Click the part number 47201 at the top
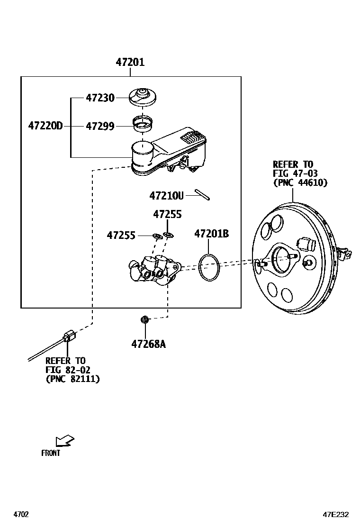click(x=130, y=62)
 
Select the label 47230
click(x=100, y=98)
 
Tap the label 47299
click(x=100, y=126)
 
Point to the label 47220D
click(x=45, y=126)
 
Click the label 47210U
click(x=166, y=195)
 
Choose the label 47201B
click(x=211, y=234)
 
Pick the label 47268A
click(x=148, y=344)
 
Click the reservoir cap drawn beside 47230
click(x=143, y=97)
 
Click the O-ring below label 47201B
click(x=209, y=267)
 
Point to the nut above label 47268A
click(x=145, y=320)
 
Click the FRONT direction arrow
click(x=64, y=441)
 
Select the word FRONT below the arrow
click(x=51, y=453)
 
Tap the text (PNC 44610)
click(x=300, y=182)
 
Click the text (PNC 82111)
click(x=72, y=379)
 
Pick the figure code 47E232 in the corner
click(x=336, y=514)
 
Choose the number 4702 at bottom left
click(x=21, y=514)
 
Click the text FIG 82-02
click(x=68, y=370)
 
